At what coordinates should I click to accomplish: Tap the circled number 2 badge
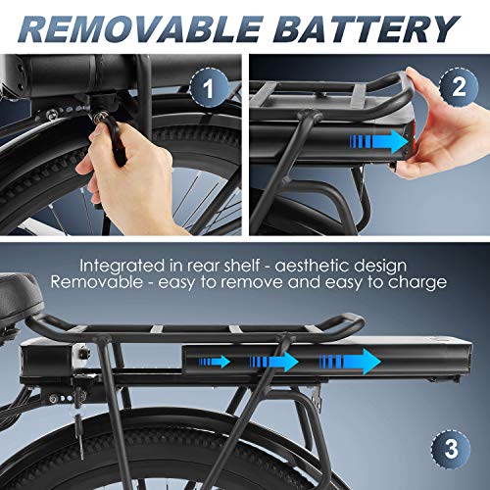(459, 87)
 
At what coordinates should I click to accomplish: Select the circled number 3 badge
(451, 448)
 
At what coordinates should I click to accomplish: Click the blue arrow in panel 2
(379, 142)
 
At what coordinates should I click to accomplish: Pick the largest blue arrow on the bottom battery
(350, 362)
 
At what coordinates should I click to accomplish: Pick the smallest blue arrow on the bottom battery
(215, 362)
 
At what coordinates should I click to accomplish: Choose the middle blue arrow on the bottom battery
(274, 362)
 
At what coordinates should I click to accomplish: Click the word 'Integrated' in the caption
(122, 267)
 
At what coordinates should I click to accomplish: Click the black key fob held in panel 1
(115, 140)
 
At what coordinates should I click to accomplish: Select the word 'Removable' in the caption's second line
(97, 282)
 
